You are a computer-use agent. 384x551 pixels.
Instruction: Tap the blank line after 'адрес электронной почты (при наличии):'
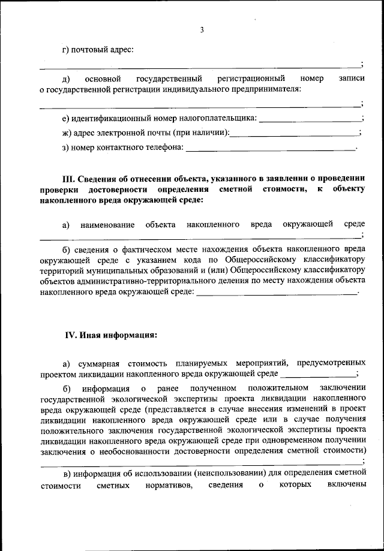pyautogui.click(x=294, y=133)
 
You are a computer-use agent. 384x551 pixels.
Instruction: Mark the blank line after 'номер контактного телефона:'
pyautogui.click(x=271, y=147)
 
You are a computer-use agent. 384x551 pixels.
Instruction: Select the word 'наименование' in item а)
pyautogui.click(x=107, y=224)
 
